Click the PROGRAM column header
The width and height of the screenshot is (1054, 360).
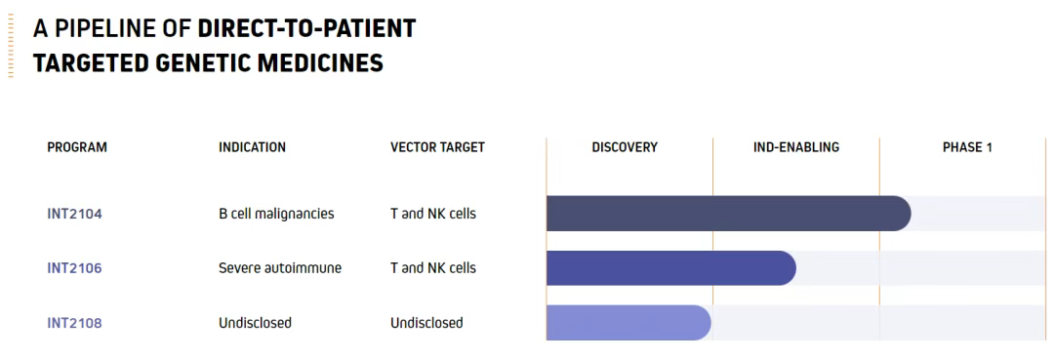click(x=77, y=147)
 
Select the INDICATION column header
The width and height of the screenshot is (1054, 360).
click(x=252, y=147)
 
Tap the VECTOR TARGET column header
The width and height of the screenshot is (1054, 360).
click(x=437, y=147)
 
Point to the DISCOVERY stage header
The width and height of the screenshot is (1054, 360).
click(x=625, y=147)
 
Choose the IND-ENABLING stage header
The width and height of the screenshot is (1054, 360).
click(x=796, y=147)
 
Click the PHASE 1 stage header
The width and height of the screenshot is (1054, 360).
click(x=967, y=147)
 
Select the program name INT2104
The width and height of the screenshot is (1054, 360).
click(x=74, y=215)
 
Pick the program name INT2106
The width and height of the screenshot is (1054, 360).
click(x=74, y=268)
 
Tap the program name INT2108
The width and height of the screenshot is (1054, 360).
click(x=74, y=323)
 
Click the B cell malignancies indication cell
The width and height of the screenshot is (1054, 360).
click(x=276, y=215)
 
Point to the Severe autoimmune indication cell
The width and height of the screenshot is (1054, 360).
click(x=280, y=268)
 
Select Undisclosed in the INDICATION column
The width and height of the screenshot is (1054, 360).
click(x=255, y=323)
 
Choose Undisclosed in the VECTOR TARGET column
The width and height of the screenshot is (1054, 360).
click(x=426, y=323)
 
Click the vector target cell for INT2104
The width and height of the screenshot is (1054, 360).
click(x=433, y=215)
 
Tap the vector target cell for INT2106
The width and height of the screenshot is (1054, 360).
click(x=433, y=268)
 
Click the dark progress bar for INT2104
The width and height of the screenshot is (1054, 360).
click(x=729, y=214)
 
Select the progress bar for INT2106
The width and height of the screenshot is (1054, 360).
click(x=670, y=268)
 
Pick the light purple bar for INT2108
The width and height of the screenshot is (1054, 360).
click(x=628, y=322)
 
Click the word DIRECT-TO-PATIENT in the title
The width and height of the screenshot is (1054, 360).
click(x=306, y=28)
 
